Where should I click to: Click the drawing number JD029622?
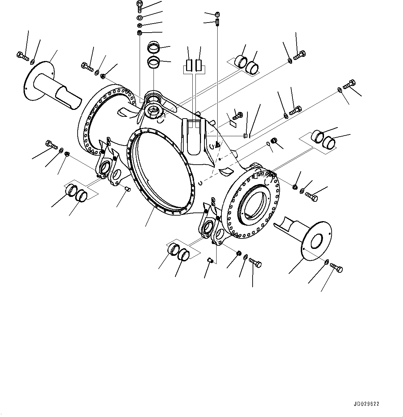click(x=367, y=404)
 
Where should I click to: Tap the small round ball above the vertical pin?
click(x=217, y=15)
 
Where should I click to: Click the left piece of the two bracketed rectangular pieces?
click(x=189, y=65)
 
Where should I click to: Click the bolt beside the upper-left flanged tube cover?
click(x=21, y=56)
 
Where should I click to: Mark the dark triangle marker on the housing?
click(x=217, y=145)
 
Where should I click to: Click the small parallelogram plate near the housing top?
click(x=233, y=123)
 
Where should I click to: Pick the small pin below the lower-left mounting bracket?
click(x=126, y=189)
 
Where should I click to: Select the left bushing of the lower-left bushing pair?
click(x=72, y=190)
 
